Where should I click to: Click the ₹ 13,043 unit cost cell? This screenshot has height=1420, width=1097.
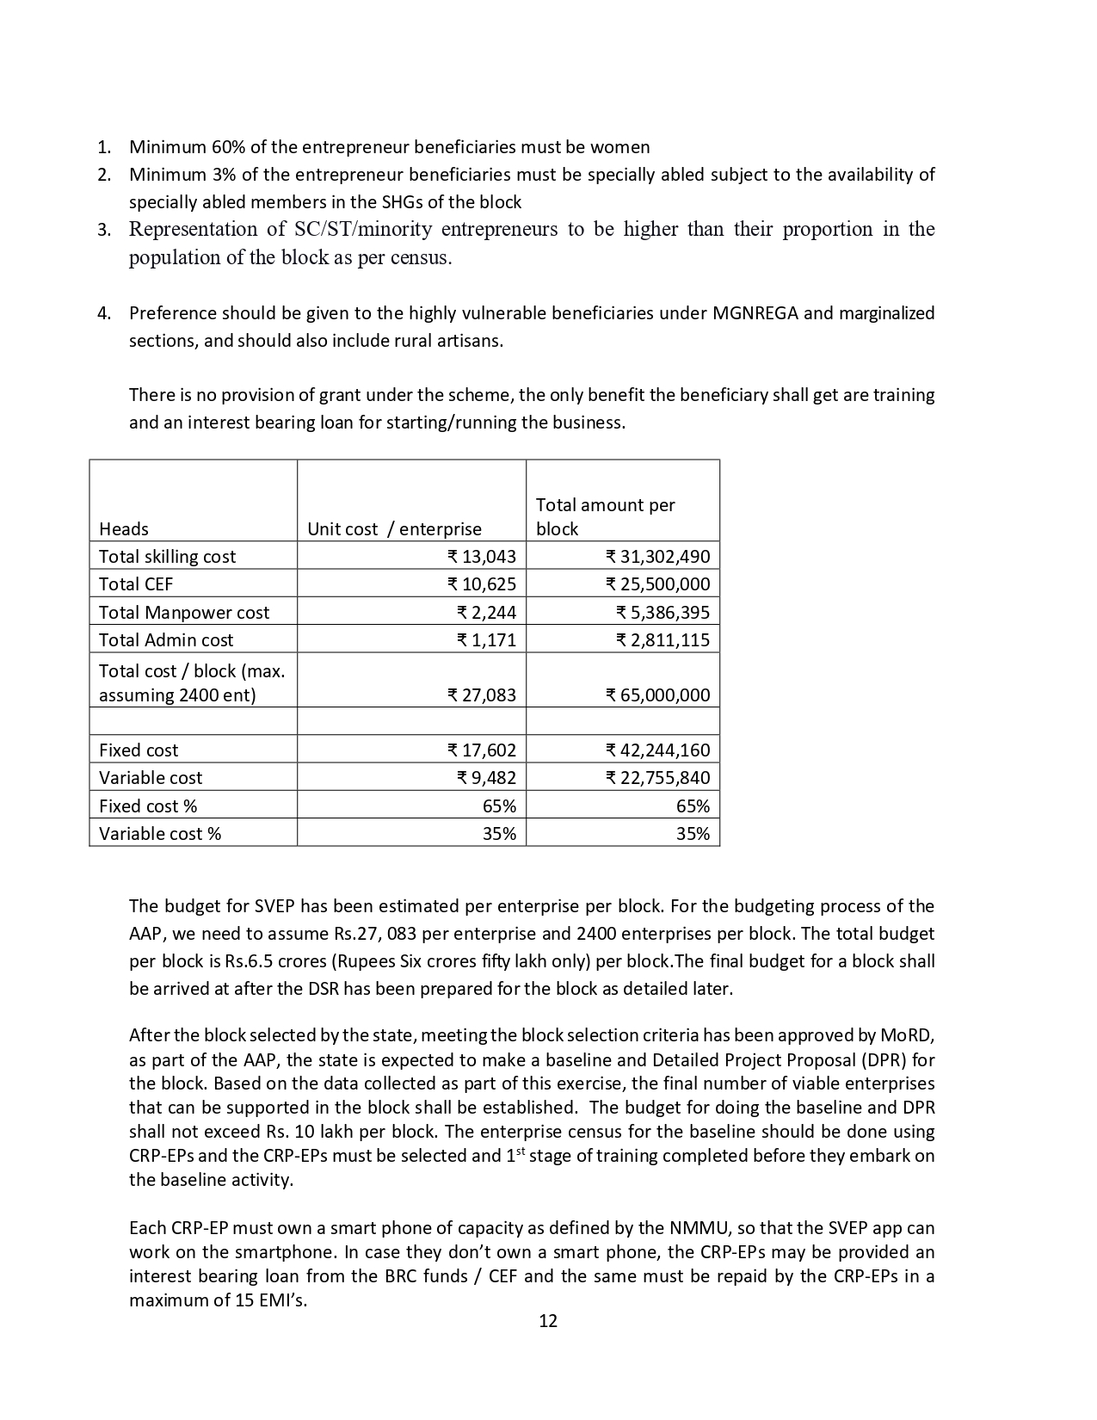pos(482,557)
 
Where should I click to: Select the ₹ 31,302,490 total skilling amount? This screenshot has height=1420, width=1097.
pos(658,557)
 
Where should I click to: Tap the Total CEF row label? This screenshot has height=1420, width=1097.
pos(136,584)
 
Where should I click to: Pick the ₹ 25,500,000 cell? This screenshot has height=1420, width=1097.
pos(658,584)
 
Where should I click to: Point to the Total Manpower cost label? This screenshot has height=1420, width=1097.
pos(184,613)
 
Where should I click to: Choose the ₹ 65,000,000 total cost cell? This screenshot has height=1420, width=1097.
pos(658,695)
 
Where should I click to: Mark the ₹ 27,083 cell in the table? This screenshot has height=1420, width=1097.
pos(482,695)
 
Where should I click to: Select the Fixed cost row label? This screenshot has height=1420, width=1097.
pos(139,750)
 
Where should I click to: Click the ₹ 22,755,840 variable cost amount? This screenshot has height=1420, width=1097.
pos(658,778)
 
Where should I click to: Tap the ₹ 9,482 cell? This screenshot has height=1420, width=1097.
pos(487,778)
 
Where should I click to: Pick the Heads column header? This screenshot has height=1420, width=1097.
pos(124,529)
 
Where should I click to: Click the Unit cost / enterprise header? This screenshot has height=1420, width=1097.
pos(394,529)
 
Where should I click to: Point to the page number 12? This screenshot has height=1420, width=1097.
pos(548,1321)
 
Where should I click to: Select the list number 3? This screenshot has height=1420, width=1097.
pos(103,230)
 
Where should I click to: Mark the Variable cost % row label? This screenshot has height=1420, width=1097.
pos(160,834)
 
